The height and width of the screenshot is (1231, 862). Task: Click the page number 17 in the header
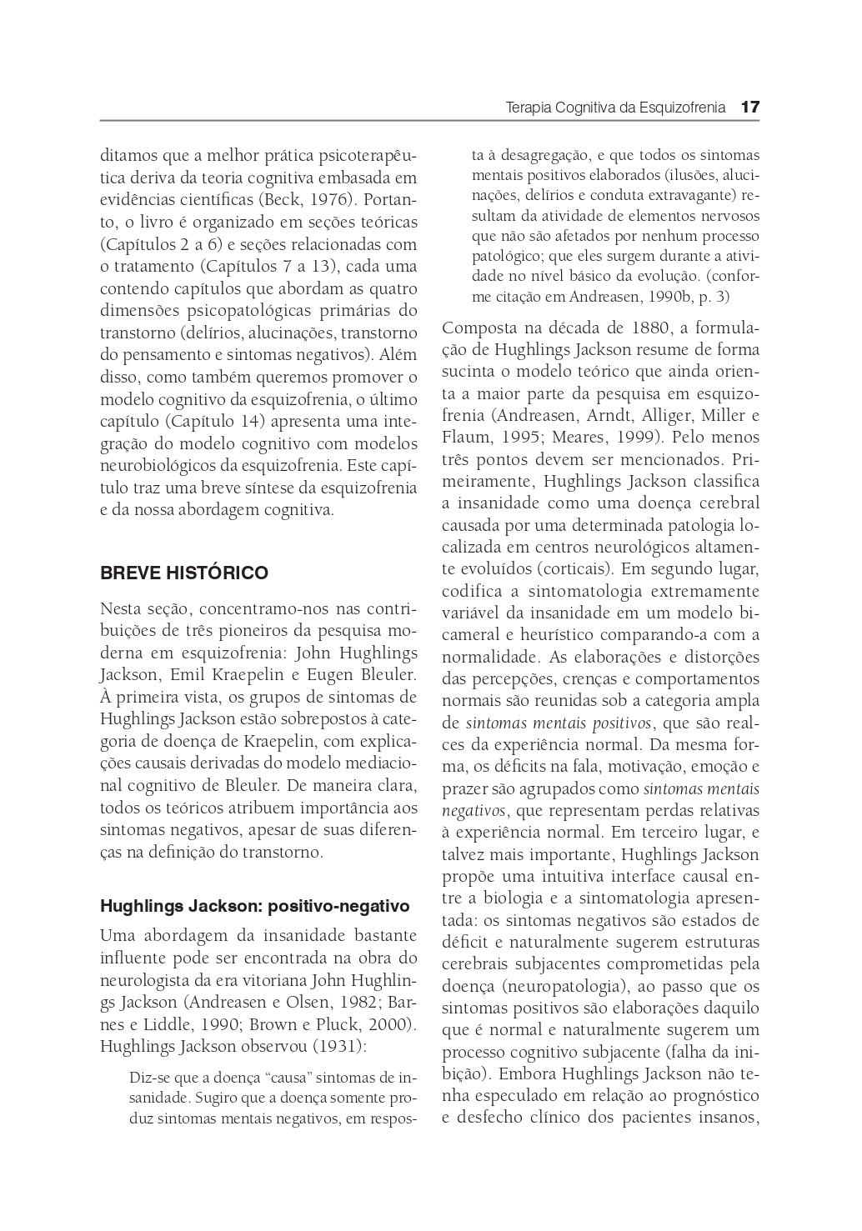click(x=749, y=108)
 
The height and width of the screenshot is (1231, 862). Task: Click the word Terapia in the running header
click(x=528, y=108)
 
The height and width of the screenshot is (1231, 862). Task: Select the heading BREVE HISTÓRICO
click(x=184, y=573)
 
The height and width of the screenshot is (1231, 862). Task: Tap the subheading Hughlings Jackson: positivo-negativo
click(x=255, y=905)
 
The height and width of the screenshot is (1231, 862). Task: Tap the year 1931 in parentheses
click(x=342, y=1046)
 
